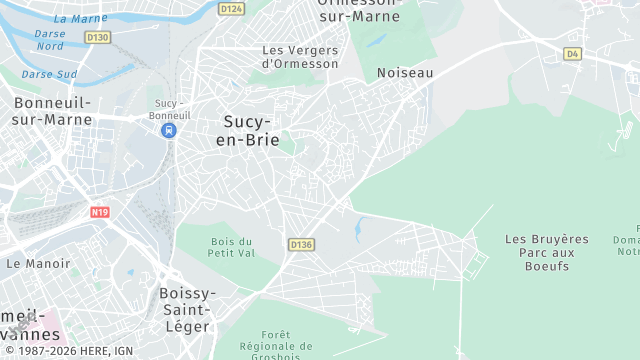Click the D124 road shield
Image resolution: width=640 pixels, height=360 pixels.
(x=231, y=9)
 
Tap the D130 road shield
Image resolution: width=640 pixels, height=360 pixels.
(x=97, y=37)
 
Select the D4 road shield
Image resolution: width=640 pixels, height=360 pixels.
(x=572, y=53)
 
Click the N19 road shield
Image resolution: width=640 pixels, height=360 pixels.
(x=99, y=212)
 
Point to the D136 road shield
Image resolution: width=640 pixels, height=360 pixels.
(x=301, y=244)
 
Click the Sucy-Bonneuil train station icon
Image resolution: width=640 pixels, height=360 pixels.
(x=169, y=130)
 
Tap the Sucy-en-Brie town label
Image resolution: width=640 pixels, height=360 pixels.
(x=249, y=130)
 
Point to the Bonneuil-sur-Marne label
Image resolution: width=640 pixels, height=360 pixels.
(x=52, y=111)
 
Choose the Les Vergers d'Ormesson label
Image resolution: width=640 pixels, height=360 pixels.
(x=300, y=56)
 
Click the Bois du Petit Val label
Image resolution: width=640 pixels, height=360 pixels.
(x=232, y=247)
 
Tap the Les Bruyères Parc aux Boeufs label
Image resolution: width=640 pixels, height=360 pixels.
(x=547, y=252)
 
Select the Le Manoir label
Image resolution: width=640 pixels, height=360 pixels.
(x=39, y=264)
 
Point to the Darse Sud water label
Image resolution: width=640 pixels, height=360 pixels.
(x=49, y=74)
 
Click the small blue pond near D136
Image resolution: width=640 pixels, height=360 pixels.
(x=357, y=230)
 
